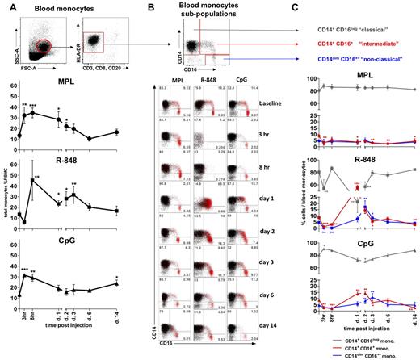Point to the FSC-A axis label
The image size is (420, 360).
tap(36, 77)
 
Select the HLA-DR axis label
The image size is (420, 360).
tap(72, 48)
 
